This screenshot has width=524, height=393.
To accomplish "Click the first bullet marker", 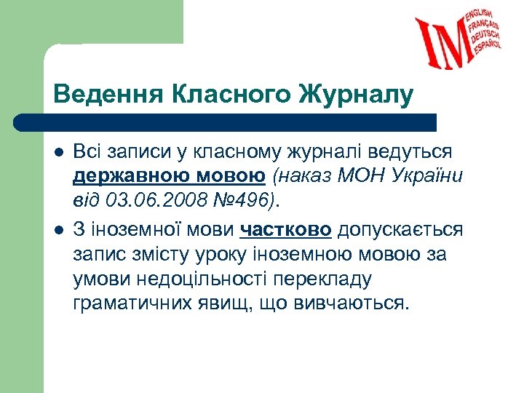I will click(x=59, y=153).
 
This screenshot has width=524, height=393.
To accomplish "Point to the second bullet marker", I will click(x=59, y=231).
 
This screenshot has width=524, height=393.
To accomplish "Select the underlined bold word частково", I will click(x=285, y=230).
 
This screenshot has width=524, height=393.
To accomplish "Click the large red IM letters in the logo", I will click(x=444, y=41).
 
